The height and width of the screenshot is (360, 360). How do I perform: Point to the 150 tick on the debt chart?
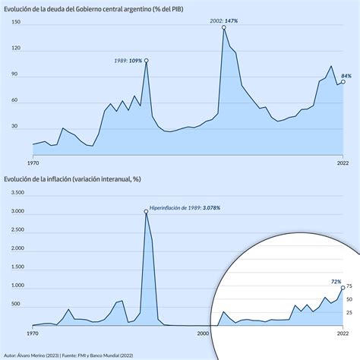tap(15, 23)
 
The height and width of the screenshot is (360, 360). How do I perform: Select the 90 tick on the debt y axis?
tap(14, 75)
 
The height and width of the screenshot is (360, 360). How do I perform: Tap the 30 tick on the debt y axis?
tap(14, 128)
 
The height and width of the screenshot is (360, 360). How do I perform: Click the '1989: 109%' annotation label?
tap(126, 60)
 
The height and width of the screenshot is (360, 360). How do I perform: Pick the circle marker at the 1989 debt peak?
tap(146, 61)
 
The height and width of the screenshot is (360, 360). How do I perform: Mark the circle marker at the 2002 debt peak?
tap(224, 28)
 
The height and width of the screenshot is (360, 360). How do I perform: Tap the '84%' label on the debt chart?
tap(346, 76)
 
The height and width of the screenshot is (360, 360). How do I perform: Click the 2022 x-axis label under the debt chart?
tap(342, 162)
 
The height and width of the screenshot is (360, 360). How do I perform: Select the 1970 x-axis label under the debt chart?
tap(33, 162)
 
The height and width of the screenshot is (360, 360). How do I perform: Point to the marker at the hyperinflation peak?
tap(146, 212)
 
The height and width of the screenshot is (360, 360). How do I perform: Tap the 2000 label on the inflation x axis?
tap(203, 333)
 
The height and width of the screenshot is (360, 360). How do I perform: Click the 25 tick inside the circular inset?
tap(349, 311)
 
